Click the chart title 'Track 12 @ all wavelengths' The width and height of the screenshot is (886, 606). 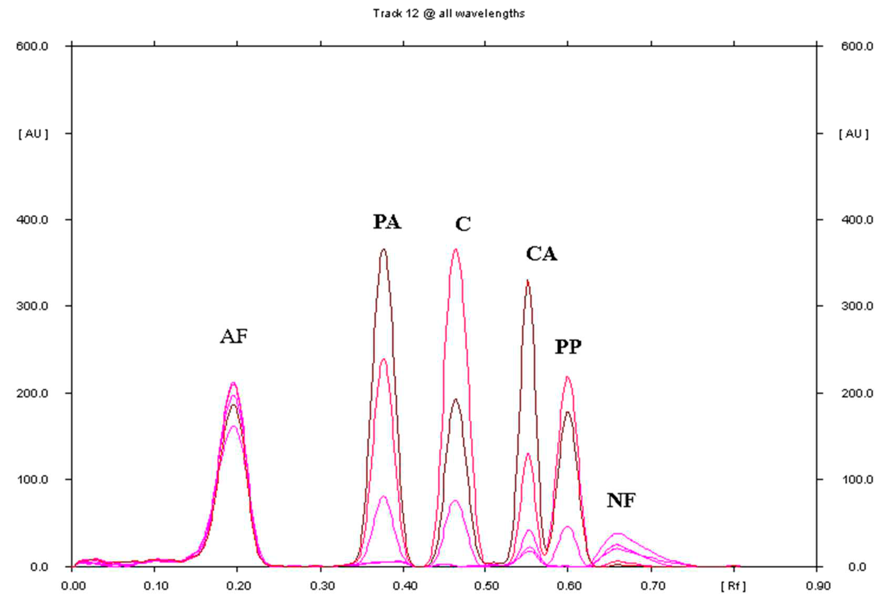[448, 14]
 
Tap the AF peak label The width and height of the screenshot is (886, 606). [234, 337]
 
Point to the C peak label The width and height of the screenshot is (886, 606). [463, 224]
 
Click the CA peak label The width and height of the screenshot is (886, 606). [541, 254]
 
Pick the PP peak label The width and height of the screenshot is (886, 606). [568, 347]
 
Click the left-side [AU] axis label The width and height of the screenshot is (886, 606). [33, 134]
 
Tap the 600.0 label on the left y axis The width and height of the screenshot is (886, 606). [32, 47]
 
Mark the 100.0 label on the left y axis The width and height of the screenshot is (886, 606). [32, 479]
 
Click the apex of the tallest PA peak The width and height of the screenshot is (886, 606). [383, 249]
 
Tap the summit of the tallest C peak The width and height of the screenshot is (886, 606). [455, 249]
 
